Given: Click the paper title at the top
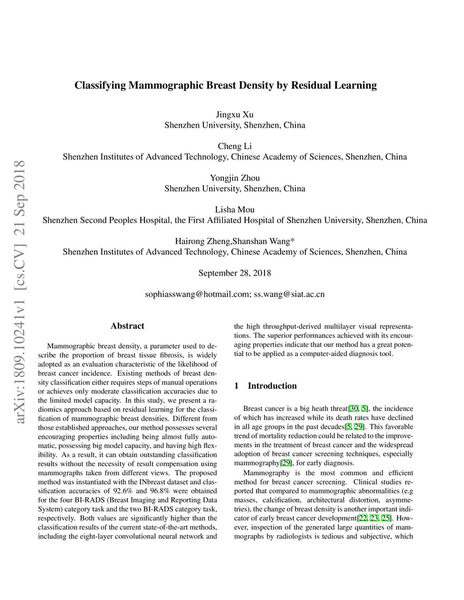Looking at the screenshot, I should [226, 86].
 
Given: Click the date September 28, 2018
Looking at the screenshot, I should [235, 273].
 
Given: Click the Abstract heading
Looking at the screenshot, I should [127, 326].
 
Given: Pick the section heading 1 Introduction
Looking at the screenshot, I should [265, 386].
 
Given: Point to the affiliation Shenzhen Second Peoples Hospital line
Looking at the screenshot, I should [235, 220].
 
